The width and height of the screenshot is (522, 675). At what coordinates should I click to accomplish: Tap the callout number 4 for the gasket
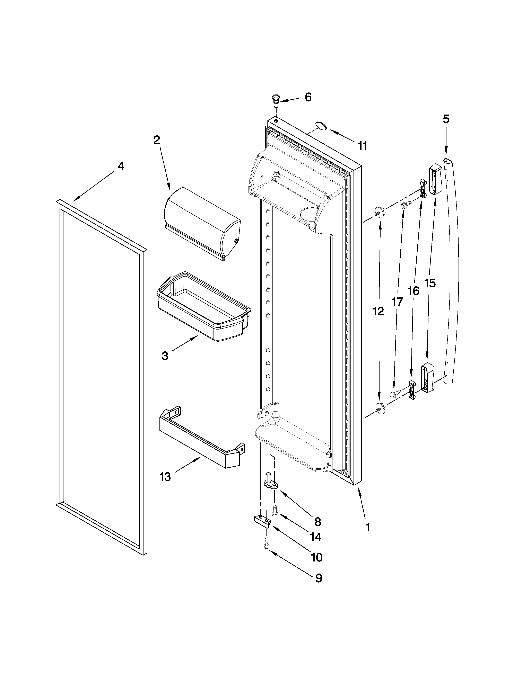pyautogui.click(x=121, y=166)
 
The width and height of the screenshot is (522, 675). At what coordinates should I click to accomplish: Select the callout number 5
pyautogui.click(x=446, y=119)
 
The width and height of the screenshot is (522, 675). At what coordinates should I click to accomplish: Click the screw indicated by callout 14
pyautogui.click(x=275, y=510)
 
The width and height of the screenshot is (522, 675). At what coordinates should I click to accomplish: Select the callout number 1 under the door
pyautogui.click(x=367, y=527)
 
